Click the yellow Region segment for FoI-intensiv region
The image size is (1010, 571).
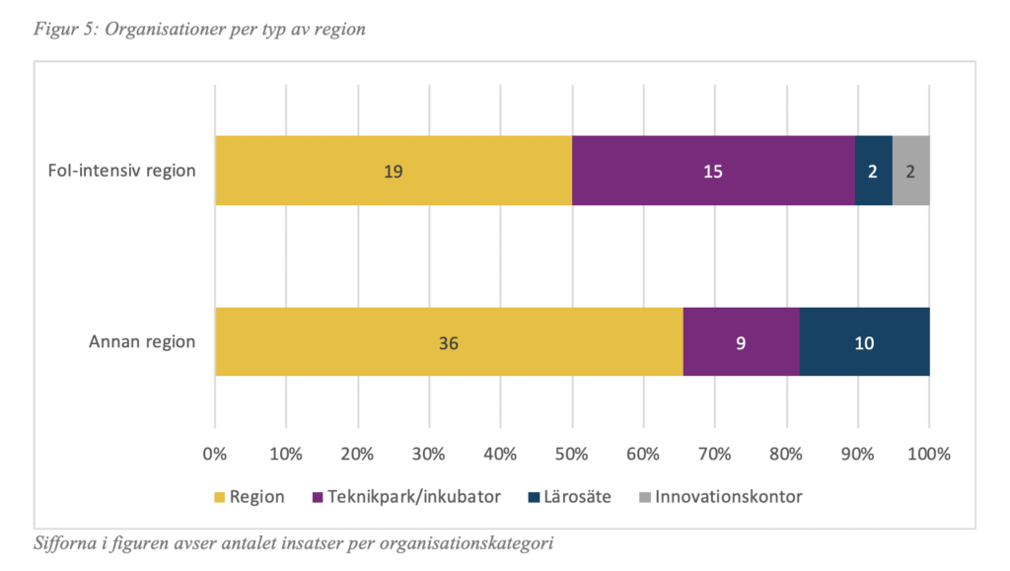(x=394, y=171)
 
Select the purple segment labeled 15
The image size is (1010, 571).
(x=713, y=171)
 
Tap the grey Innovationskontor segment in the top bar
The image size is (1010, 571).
(x=910, y=171)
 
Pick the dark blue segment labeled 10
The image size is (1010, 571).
(x=864, y=342)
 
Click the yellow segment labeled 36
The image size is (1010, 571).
(x=449, y=342)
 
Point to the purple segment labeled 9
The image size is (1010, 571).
(x=741, y=342)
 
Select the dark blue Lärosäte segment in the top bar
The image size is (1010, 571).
(x=873, y=171)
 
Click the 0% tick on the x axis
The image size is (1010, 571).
(x=215, y=455)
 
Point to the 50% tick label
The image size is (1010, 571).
(x=572, y=455)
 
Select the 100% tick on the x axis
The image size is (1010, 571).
(x=928, y=455)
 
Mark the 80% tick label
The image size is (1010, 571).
(x=786, y=455)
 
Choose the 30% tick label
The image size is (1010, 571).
(x=429, y=455)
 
